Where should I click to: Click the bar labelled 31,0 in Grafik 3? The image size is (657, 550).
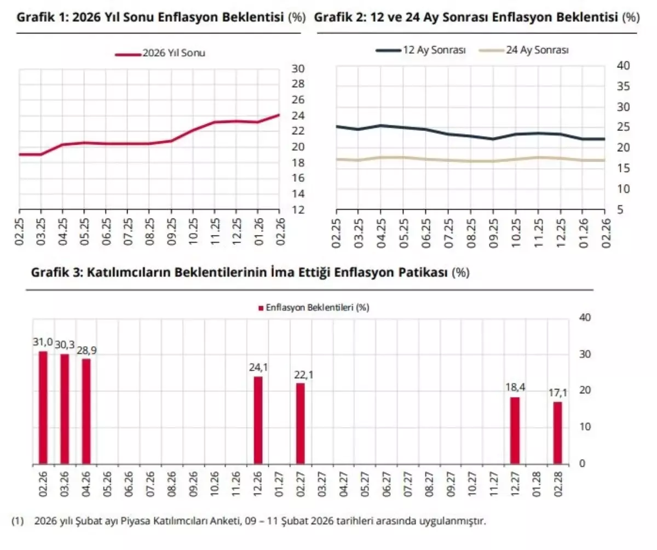(x=43, y=408)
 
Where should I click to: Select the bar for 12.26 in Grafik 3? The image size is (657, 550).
(x=258, y=420)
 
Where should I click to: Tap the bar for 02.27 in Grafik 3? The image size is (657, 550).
(x=301, y=423)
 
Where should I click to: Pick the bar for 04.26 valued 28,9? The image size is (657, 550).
(x=86, y=411)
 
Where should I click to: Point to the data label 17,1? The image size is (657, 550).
(x=557, y=393)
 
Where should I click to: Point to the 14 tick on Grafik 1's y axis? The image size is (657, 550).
(x=298, y=194)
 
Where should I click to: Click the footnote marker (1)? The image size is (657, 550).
(x=17, y=521)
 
